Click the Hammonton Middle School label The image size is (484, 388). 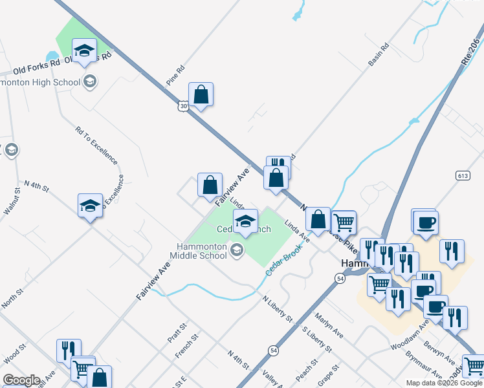coord(203,251)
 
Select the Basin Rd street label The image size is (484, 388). coord(379,54)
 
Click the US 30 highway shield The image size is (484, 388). coord(185,105)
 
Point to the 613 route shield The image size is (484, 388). coord(462,176)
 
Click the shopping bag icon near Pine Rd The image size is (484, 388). coord(201,95)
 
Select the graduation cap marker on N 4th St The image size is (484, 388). coord(90,206)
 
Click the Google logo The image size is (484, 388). coord(21,380)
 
